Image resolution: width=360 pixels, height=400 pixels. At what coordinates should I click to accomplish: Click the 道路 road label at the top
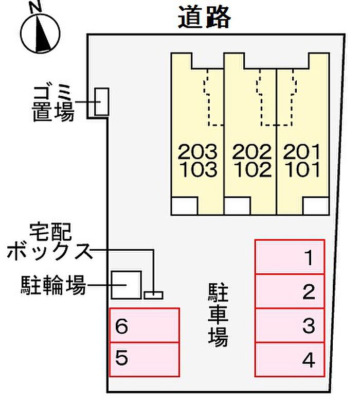tap(204, 17)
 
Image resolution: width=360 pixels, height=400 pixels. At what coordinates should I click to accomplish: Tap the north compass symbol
tap(40, 30)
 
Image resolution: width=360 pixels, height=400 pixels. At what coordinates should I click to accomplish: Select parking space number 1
tap(290, 257)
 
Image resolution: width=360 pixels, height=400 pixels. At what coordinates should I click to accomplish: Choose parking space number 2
tap(290, 291)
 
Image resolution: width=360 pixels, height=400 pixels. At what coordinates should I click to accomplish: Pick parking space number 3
tap(290, 325)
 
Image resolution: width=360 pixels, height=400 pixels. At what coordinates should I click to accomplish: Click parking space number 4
tap(290, 360)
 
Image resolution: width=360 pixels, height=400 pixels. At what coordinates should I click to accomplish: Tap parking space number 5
tap(145, 360)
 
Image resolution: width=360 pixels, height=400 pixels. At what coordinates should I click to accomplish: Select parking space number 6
tap(145, 325)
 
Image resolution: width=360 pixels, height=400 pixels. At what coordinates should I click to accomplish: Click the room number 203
tap(197, 151)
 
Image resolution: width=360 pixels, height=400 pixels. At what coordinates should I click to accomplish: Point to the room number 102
tap(253, 169)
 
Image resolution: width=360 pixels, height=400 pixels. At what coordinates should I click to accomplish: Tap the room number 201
tap(301, 151)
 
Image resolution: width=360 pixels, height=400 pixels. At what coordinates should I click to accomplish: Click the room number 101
tap(302, 169)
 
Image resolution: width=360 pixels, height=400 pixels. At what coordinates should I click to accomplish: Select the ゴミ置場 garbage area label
tap(53, 104)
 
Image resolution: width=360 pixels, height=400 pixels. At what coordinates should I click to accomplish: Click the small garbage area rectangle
tap(102, 101)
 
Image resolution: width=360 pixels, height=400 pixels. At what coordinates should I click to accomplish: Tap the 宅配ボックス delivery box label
tap(49, 241)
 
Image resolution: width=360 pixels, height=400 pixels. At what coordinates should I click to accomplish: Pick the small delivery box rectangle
tap(153, 295)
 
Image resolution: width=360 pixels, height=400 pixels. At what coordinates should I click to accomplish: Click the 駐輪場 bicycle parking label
tap(53, 285)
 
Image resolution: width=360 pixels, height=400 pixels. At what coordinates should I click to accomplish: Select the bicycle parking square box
tap(127, 285)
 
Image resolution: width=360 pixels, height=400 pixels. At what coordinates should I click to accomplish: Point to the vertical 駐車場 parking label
tap(218, 315)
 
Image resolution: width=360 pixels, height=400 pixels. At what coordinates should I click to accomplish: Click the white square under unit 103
tap(185, 205)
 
